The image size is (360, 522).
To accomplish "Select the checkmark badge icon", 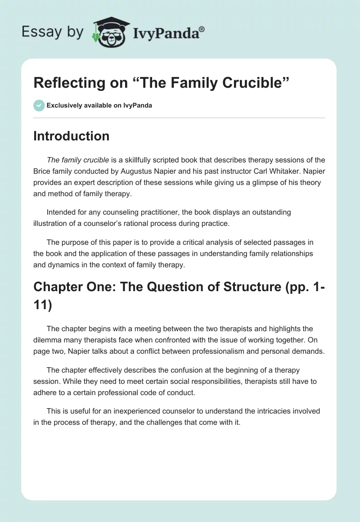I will coord(39,105).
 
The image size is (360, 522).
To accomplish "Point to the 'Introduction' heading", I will coord(71,136).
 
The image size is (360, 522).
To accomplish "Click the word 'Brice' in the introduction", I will coord(43,171).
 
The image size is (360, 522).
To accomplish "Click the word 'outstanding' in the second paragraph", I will coord(269,211).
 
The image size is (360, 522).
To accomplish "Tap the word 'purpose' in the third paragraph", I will coord(74,243).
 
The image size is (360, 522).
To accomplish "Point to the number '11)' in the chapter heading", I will coord(43,306).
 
